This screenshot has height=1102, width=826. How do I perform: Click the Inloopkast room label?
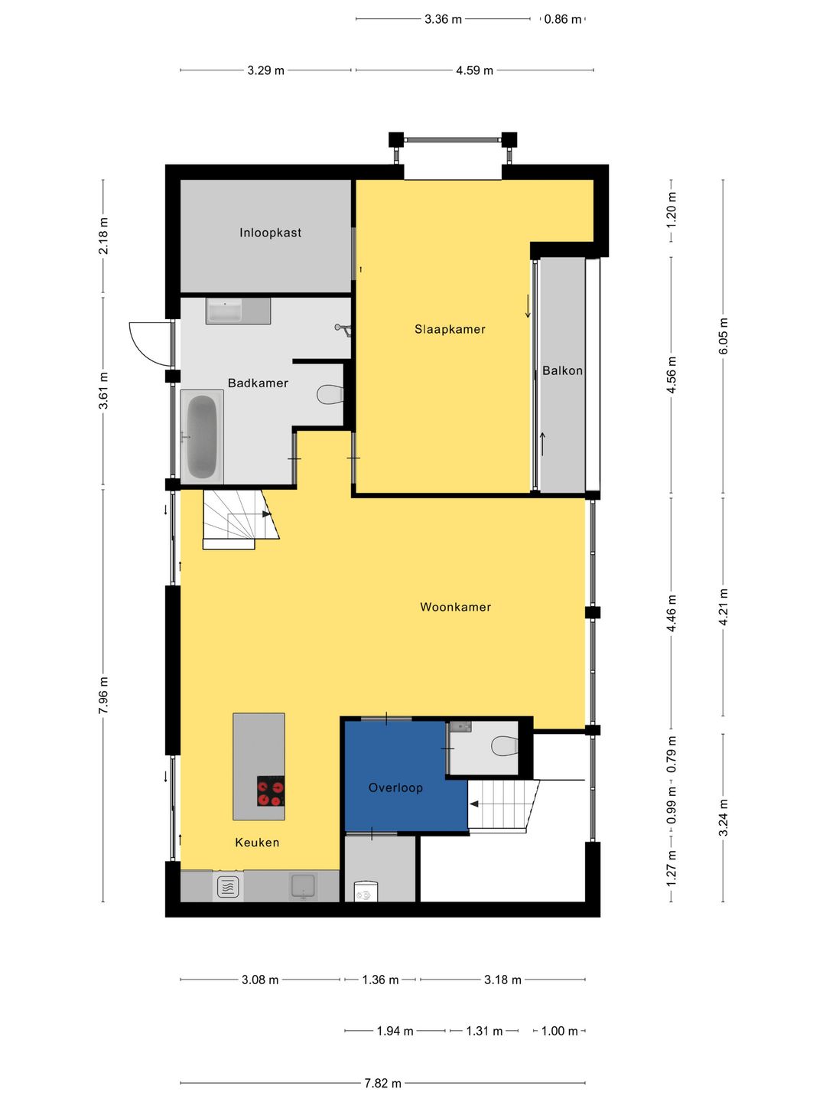tap(270, 233)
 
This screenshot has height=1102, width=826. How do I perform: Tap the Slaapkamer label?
tap(450, 329)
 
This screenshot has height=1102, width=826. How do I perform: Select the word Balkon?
tap(562, 370)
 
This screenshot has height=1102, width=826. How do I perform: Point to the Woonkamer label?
tap(455, 607)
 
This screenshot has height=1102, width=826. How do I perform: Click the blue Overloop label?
tap(395, 787)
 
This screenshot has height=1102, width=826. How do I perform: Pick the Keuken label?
tap(257, 843)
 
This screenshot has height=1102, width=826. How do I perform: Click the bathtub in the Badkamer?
tap(202, 436)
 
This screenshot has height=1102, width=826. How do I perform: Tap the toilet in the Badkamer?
tap(330, 395)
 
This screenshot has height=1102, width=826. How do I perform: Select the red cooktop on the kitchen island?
tap(271, 791)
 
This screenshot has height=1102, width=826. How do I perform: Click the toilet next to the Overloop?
tap(505, 745)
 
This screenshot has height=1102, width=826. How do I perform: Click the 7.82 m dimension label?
tap(382, 1083)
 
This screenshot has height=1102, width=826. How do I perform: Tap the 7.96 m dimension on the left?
tap(103, 695)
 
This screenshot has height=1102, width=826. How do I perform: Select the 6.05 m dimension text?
tap(724, 336)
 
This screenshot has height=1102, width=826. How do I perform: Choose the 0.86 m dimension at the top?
tap(563, 19)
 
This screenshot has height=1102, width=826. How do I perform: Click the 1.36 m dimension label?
tap(380, 980)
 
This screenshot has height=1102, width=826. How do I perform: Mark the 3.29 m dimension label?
tap(265, 70)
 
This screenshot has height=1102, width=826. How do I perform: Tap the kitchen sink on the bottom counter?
tap(303, 887)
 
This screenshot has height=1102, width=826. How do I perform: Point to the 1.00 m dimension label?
tap(559, 1031)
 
